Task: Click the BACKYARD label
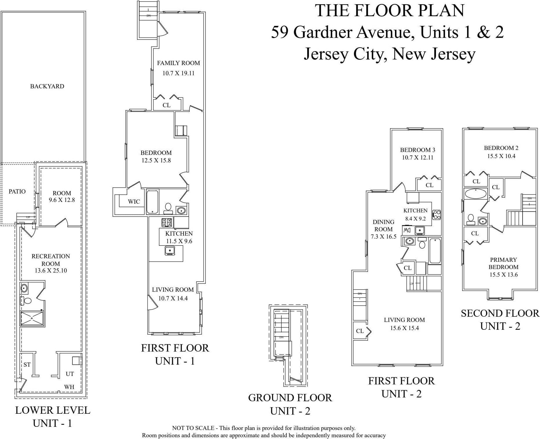[47, 86]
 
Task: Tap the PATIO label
[17, 191]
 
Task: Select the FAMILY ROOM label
[178, 63]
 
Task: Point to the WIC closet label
[134, 202]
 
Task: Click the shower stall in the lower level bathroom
[32, 318]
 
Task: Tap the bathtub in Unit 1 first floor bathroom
[152, 202]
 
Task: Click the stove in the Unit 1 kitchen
[167, 223]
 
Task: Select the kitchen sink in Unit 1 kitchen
[170, 250]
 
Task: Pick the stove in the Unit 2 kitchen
[437, 215]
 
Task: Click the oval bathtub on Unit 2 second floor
[475, 193]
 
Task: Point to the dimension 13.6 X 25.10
[51, 271]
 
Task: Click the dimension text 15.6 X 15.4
[404, 328]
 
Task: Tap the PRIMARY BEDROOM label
[503, 263]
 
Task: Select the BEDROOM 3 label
[418, 150]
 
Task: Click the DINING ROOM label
[383, 225]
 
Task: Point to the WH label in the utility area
[69, 387]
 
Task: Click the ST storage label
[27, 365]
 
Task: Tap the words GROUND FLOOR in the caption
[290, 398]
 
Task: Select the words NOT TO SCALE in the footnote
[193, 428]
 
